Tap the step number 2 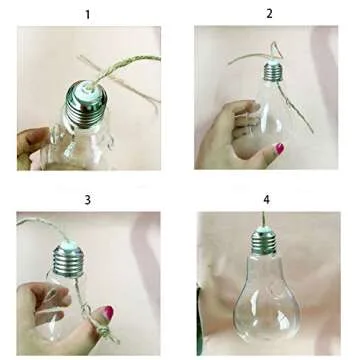(269, 13)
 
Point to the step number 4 (266, 200)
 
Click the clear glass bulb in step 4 (262, 305)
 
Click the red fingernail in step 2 (279, 149)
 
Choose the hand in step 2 (225, 140)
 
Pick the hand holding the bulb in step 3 (35, 310)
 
